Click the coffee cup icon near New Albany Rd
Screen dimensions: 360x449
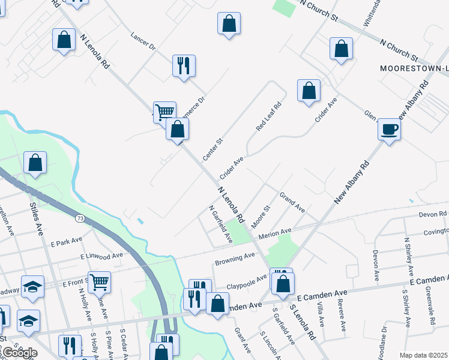tap(389, 129)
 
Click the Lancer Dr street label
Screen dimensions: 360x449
tap(143, 41)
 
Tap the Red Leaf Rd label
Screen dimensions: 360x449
tap(268, 116)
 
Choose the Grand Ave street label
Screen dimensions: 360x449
tap(292, 202)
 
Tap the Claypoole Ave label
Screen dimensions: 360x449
tap(246, 280)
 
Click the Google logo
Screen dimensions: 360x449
tap(19, 353)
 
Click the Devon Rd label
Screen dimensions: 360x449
tap(433, 214)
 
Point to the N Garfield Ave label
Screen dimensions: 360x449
tap(220, 224)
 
